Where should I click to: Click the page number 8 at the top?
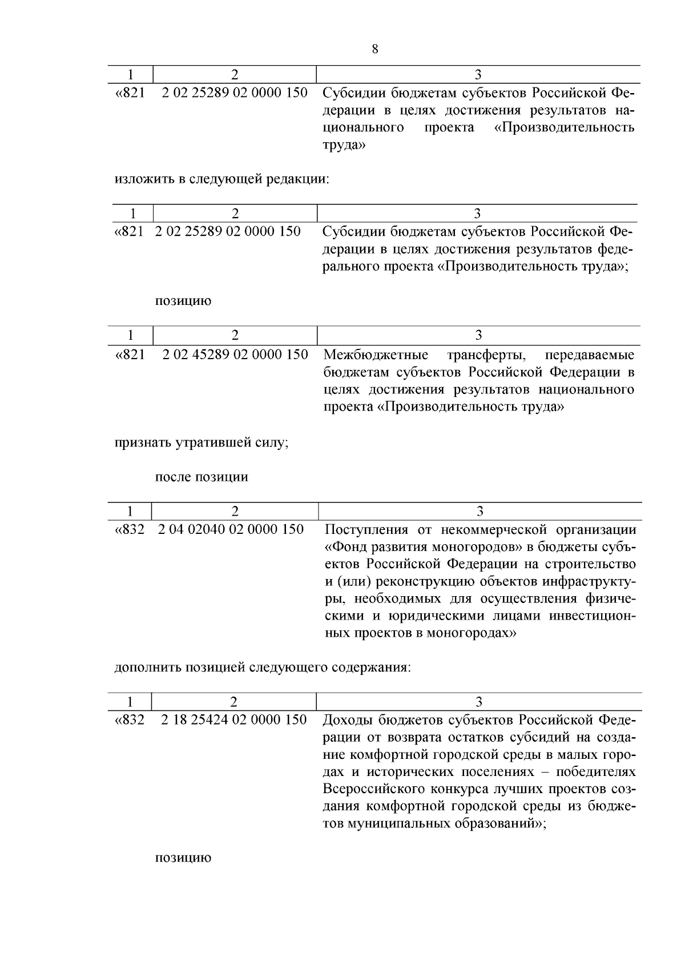374,49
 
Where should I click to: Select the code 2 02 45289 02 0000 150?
235,355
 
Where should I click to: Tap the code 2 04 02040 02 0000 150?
231,529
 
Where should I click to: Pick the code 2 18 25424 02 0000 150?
234,719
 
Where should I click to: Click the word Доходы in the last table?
348,719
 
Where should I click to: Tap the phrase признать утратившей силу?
201,443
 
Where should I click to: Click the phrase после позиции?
202,477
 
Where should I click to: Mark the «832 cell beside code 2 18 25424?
130,719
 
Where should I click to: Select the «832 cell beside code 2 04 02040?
130,529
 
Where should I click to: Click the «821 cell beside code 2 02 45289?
130,355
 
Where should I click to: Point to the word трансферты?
486,355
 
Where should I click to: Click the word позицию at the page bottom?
183,858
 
